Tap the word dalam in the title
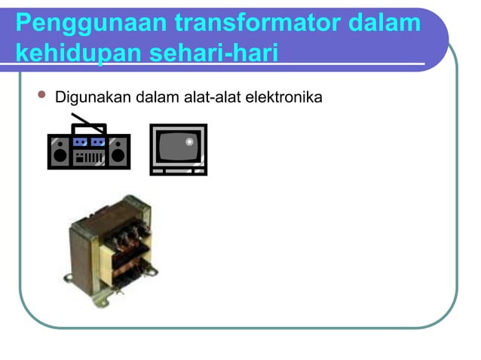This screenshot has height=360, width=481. click(x=384, y=24)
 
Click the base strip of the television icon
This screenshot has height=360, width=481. click(x=178, y=171)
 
